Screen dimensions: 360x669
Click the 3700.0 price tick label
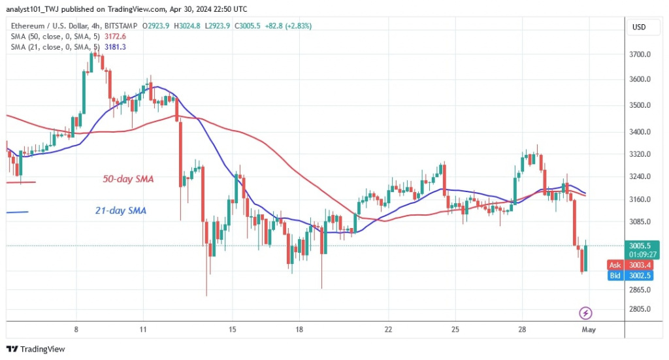639,54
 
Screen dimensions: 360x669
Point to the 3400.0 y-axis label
639,132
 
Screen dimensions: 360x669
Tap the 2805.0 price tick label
639,308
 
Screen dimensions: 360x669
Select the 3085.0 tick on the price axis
639,222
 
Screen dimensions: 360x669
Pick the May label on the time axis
588,330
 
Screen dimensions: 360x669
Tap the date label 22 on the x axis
388,330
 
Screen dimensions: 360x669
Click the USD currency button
638,27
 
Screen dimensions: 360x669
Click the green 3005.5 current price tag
638,246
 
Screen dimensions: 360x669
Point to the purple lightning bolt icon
586,313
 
